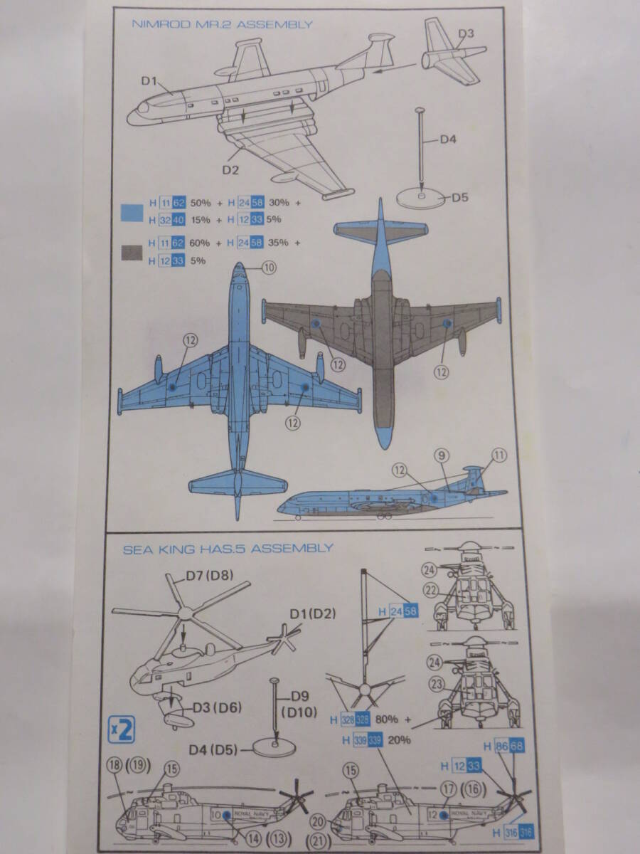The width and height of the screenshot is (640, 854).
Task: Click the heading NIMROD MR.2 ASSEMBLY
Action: click(x=222, y=24)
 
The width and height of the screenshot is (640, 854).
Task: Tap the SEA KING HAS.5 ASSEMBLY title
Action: click(x=228, y=548)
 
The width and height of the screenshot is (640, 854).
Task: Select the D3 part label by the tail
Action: click(x=466, y=33)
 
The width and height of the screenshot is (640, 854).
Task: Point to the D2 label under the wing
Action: click(x=229, y=169)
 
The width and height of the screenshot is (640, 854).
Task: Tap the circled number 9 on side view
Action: click(x=441, y=454)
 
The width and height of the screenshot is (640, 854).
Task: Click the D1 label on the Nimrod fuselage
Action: click(x=148, y=80)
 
